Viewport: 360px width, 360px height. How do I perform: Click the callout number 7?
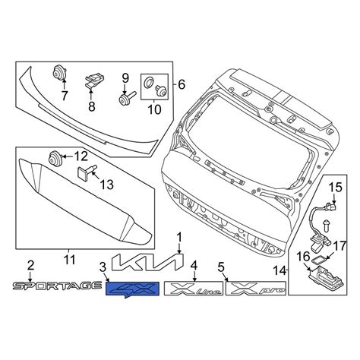point(64,96)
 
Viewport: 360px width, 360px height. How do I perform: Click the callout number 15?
point(335,186)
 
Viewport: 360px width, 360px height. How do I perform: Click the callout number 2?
point(31,265)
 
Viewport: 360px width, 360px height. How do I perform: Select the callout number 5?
point(222,267)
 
